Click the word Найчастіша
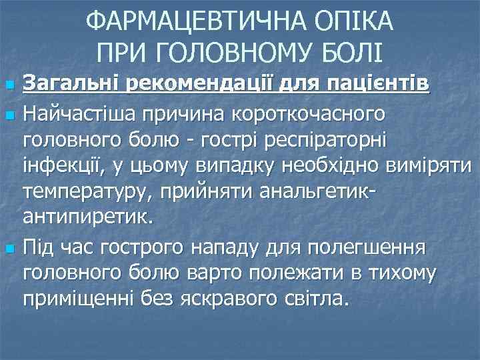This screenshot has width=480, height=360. (x=83, y=114)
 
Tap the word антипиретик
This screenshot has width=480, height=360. (x=87, y=217)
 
